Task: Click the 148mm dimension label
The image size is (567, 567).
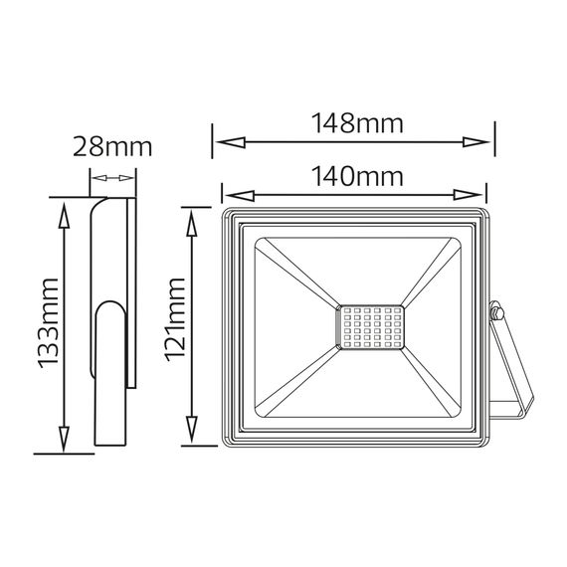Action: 357,123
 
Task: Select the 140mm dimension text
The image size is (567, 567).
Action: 357,176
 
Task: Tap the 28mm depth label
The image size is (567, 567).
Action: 112,147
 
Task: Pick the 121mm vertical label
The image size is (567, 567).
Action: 175,319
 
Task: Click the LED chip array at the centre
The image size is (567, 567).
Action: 371,328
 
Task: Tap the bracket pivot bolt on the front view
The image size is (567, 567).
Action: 496,312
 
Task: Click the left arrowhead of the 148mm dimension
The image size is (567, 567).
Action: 231,142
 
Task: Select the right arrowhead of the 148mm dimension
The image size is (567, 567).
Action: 475,142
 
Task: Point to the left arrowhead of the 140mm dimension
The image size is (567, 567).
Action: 240,195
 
